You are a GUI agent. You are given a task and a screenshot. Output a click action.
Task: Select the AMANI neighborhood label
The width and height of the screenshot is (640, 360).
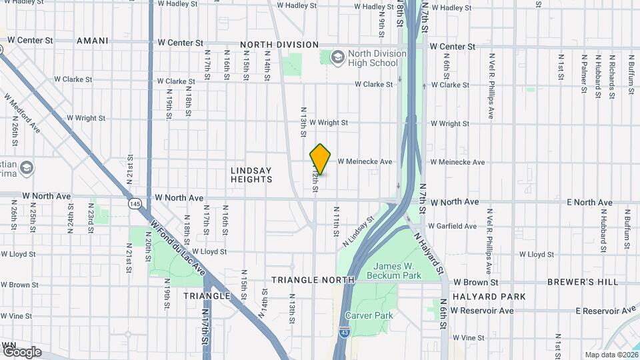[92, 41]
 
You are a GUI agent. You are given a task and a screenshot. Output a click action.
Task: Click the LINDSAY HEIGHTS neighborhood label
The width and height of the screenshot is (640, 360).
[251, 175]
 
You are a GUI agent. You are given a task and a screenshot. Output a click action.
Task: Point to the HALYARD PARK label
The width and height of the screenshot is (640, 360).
[489, 297]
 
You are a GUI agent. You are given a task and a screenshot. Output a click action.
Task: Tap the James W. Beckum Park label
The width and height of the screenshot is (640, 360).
[397, 271]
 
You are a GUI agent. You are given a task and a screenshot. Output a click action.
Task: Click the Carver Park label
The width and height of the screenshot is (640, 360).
[369, 315]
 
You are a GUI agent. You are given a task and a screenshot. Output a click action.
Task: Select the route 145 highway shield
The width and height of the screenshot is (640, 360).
[135, 203]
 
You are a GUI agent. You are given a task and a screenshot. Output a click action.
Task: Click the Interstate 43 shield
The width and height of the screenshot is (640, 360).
[343, 349]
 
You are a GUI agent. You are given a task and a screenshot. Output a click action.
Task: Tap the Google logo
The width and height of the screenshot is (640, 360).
[22, 352]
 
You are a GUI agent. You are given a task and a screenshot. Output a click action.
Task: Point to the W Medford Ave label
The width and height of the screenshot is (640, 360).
[22, 113]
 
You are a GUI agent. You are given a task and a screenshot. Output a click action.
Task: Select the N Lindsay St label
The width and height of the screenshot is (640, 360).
[359, 231]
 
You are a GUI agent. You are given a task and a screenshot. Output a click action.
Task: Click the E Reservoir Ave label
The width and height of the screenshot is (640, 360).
[605, 311]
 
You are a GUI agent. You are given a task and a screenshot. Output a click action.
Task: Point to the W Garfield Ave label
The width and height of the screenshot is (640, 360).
[452, 226]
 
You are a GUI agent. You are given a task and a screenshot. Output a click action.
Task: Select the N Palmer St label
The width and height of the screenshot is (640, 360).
[583, 75]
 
